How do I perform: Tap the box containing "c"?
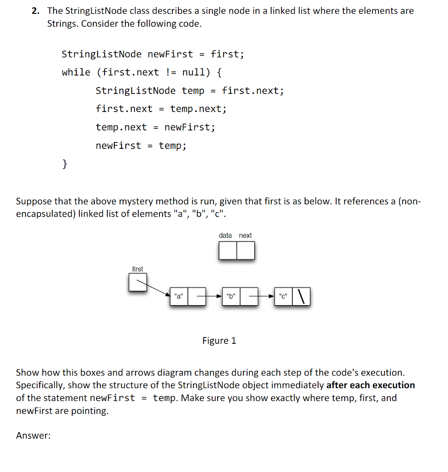[x=283, y=296]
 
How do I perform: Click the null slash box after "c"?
[x=301, y=296]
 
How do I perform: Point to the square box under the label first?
[x=138, y=283]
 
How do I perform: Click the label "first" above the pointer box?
[x=137, y=269]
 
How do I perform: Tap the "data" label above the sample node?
[x=225, y=236]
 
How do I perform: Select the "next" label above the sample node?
[x=245, y=236]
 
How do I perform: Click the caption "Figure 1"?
[x=219, y=341]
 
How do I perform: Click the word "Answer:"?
[x=33, y=436]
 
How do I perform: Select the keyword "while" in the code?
[x=76, y=72]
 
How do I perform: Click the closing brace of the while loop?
[x=65, y=163]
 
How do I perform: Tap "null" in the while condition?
[x=196, y=72]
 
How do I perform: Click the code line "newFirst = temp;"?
[x=141, y=146]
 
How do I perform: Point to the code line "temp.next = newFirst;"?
[x=155, y=127]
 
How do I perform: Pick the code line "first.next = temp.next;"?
[x=161, y=109]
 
